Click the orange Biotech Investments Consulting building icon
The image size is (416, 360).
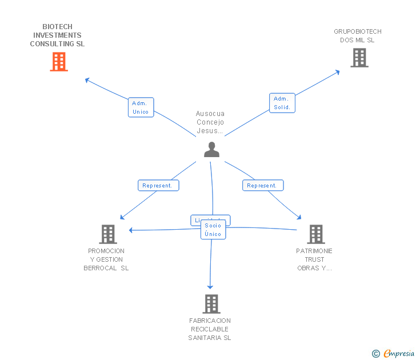59,62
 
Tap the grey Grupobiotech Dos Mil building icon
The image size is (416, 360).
359,58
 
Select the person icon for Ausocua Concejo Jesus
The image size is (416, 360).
211,150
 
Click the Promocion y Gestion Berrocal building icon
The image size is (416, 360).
107,234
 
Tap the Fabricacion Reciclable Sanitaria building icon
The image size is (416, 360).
211,304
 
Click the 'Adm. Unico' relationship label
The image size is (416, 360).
141,107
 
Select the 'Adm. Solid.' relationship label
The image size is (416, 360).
282,103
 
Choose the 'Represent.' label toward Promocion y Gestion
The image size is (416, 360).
158,186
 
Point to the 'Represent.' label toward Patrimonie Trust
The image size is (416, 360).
263,186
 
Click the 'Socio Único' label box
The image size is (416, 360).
213,230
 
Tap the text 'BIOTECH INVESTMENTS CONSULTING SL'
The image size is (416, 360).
57,35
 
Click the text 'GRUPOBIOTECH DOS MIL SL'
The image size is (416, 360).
358,36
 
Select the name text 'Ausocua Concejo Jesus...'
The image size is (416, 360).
210,122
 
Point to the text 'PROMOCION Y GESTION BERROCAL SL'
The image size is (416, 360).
106,259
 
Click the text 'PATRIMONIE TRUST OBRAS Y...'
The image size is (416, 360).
314,259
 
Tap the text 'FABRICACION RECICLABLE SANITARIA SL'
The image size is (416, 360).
210,329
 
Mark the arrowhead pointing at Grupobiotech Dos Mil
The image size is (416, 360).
338,72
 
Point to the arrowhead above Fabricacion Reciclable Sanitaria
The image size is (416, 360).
210,286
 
